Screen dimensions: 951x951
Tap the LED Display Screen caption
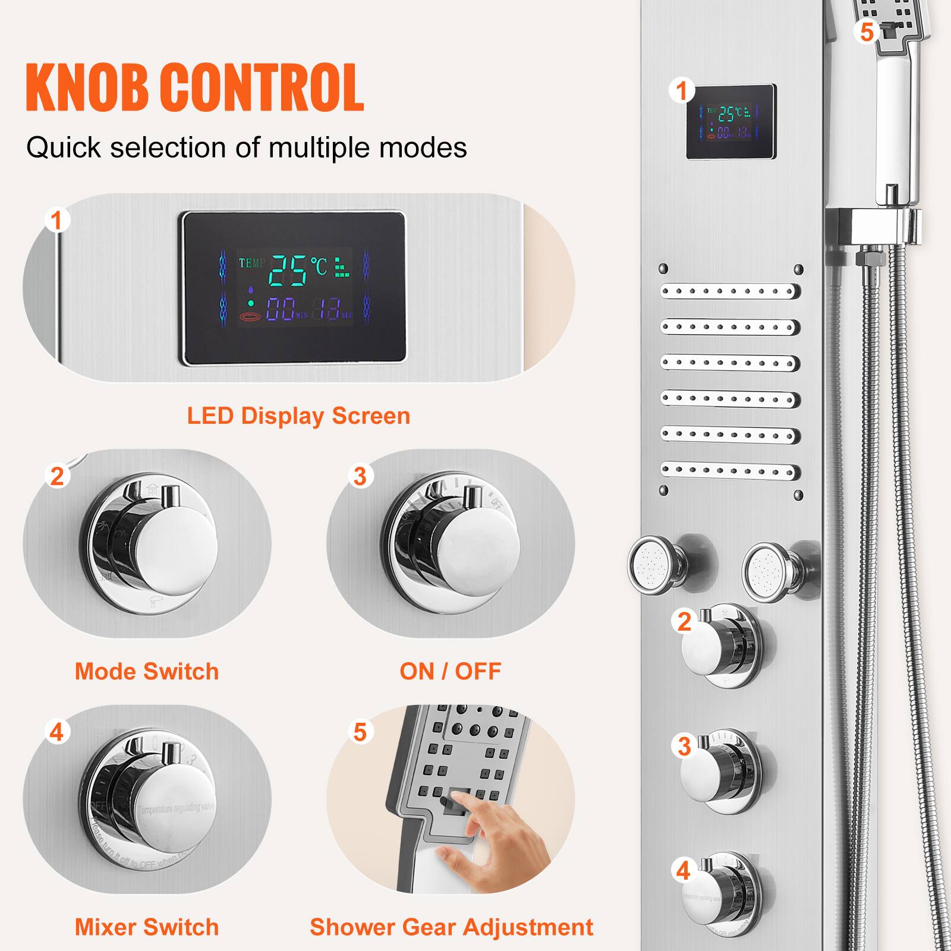(298, 416)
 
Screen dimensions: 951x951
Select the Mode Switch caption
(147, 672)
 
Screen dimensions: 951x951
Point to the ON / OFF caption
(451, 672)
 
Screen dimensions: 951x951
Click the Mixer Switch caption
(147, 927)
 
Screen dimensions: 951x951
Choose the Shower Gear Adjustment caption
(451, 927)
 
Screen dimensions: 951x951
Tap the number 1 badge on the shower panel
(681, 91)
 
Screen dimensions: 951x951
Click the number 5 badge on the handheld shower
(867, 32)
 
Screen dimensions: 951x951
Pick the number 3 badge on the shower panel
(684, 747)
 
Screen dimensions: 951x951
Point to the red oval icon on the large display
(250, 317)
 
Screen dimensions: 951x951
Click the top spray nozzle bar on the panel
(730, 292)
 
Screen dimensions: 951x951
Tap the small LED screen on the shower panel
(731, 122)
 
